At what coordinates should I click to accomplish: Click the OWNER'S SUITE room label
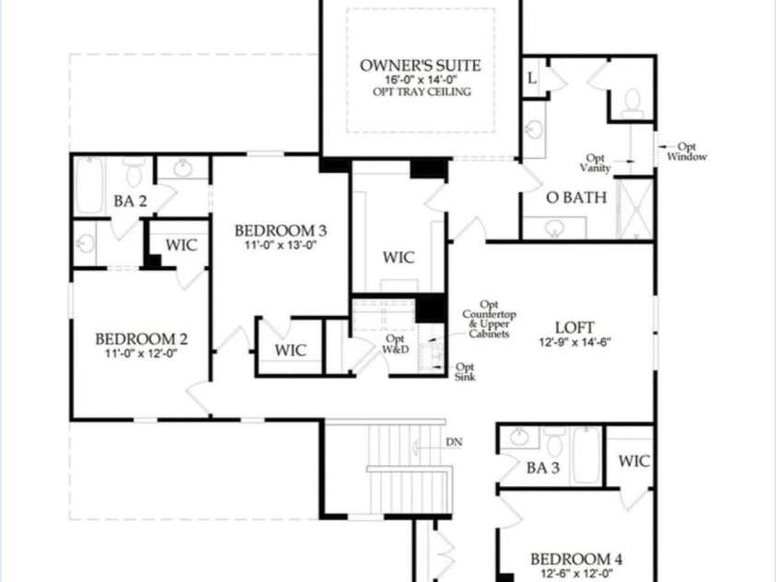420,65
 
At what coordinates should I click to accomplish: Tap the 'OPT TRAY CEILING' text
422,92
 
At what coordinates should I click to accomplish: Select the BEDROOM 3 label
280,230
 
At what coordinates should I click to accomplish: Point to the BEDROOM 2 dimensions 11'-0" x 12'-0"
141,354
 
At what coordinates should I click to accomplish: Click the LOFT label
574,327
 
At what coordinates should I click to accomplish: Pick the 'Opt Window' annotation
687,152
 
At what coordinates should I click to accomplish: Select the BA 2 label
131,201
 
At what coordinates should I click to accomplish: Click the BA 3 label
543,468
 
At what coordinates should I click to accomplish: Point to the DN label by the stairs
454,442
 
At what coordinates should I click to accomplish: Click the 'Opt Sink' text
466,371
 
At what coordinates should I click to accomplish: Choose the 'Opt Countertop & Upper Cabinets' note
488,319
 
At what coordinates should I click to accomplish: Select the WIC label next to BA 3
634,460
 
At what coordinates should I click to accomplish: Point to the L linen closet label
532,79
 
